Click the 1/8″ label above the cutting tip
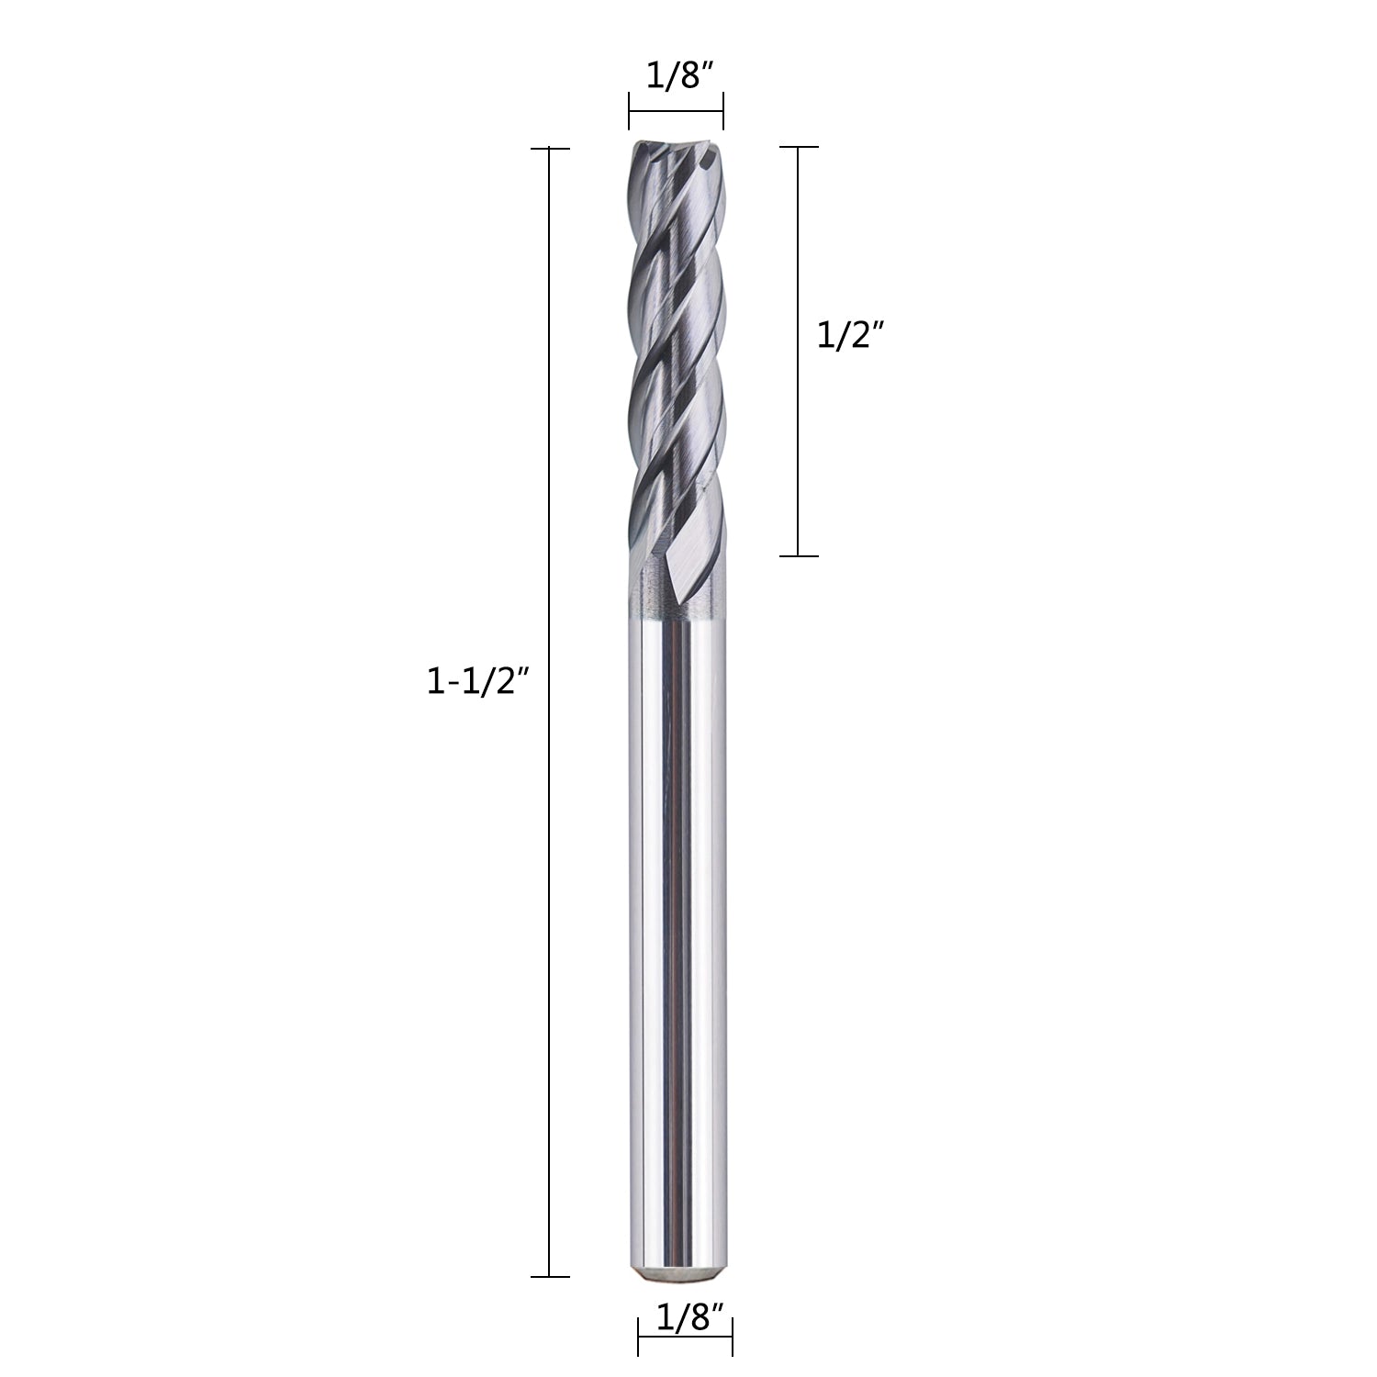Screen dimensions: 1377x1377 coord(677,77)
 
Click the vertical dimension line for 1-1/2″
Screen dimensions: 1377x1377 coord(549,711)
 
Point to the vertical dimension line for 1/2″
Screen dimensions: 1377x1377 coord(798,352)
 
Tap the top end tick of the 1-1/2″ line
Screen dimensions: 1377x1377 coord(549,148)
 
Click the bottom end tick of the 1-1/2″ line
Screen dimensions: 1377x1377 coord(549,1276)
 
